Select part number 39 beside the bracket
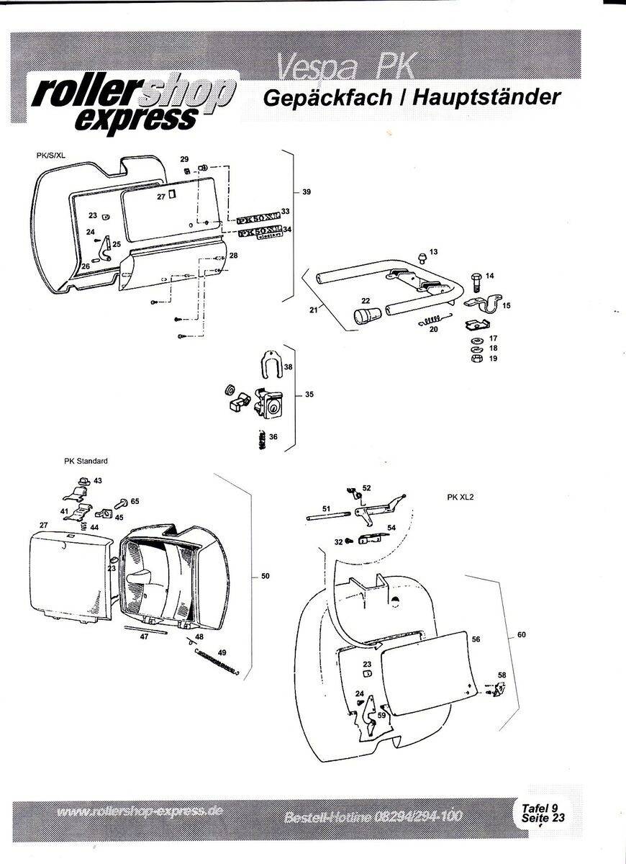307,192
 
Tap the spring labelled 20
435,321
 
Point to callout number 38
288,367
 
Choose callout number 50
266,576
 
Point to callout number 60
522,635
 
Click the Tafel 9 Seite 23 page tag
539,812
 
